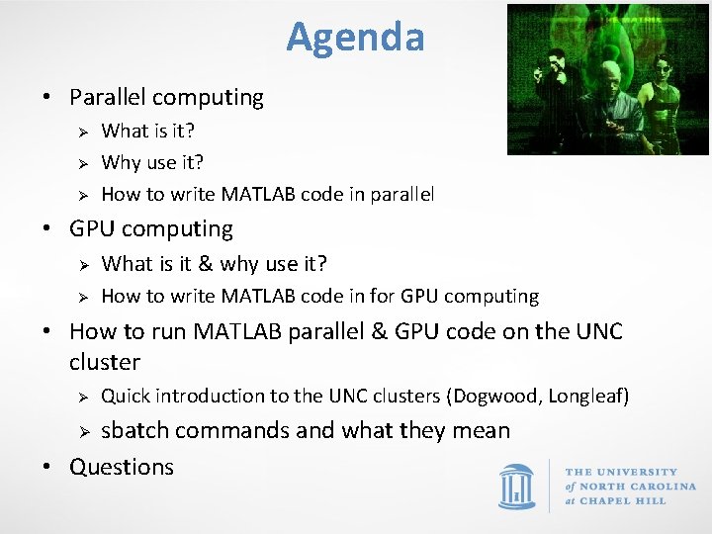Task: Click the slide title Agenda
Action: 355,38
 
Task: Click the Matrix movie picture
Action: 607,79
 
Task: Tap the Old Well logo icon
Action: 517,487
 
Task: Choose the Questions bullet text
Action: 122,467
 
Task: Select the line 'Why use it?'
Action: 152,162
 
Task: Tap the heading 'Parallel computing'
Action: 166,97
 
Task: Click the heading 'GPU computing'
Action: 151,228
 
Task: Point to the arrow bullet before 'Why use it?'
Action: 84,163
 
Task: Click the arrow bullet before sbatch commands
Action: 84,432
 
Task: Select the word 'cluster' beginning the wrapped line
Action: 105,362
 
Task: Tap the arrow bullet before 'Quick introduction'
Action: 84,397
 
